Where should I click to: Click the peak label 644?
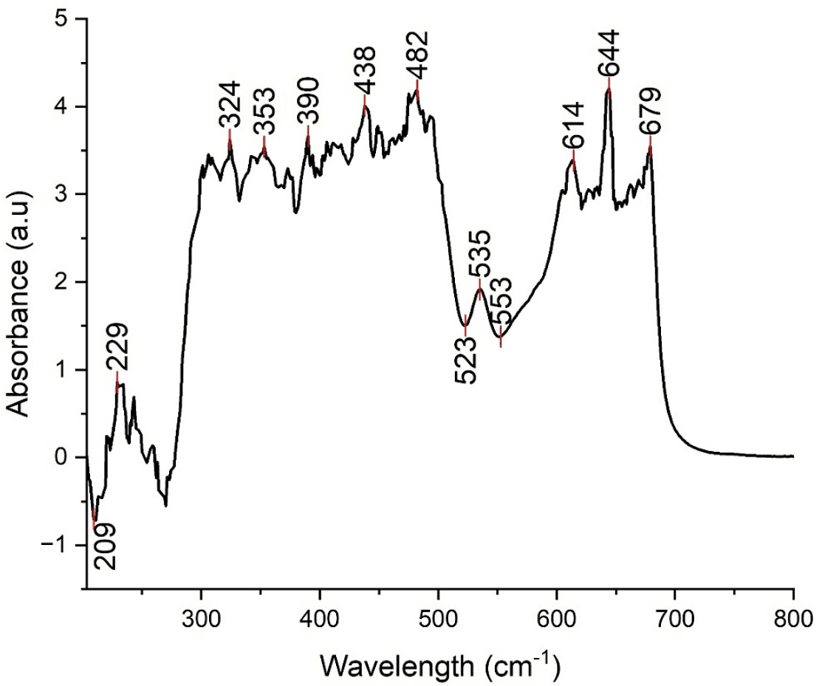click(609, 53)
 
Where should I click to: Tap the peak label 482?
click(418, 53)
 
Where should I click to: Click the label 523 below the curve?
click(466, 360)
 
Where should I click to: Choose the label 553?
click(502, 301)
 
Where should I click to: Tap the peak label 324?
click(230, 105)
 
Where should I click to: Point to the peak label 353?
click(264, 111)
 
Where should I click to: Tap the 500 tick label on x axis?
click(438, 612)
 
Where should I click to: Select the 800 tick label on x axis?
click(792, 612)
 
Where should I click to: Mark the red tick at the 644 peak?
click(609, 86)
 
